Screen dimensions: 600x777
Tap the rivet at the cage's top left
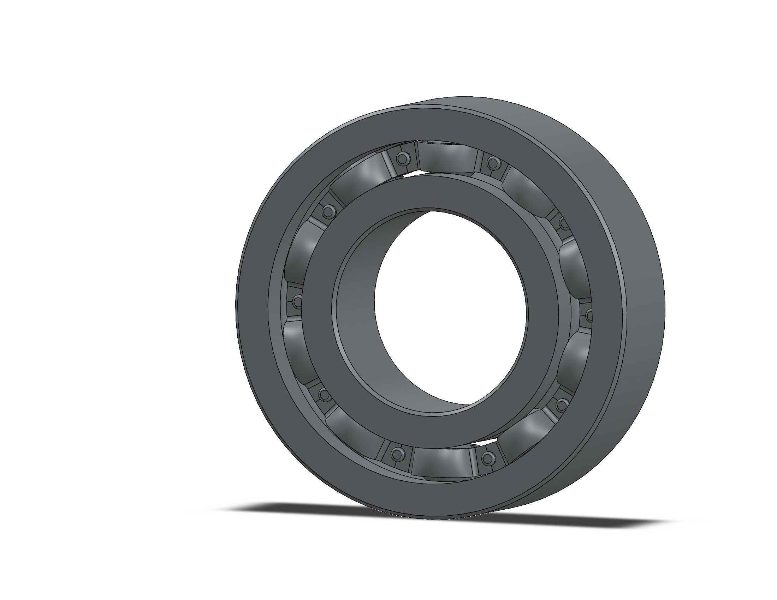pos(402,158)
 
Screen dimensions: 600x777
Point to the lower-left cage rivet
pos(324,394)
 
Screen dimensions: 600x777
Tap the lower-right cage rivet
pos(561,404)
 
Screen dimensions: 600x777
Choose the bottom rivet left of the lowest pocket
pos(396,453)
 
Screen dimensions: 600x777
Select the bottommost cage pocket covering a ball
pos(441,462)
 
